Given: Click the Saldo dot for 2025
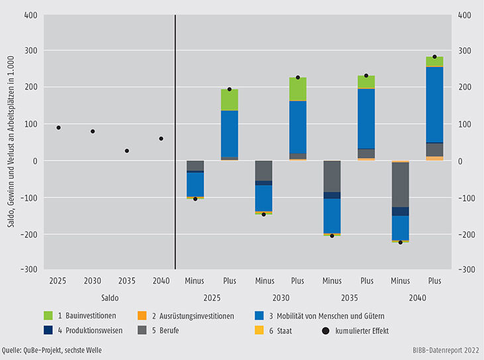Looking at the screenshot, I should point(58,127).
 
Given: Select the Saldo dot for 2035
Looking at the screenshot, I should point(127,150).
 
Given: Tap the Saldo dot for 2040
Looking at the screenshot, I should point(161,139).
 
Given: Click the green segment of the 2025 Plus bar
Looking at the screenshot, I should point(229,100).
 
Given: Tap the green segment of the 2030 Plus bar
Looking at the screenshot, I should point(298,89).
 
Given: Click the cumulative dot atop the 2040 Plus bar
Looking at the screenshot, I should point(435,57).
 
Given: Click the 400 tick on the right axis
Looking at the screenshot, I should point(465,15).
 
